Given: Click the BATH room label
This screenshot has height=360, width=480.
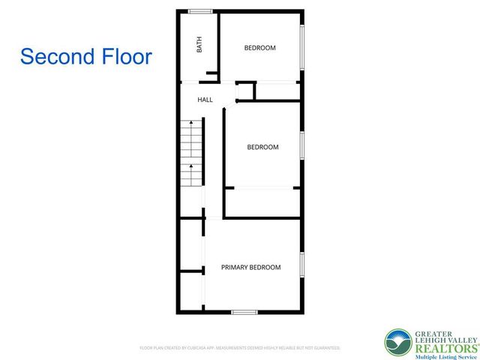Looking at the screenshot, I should pyautogui.click(x=199, y=46).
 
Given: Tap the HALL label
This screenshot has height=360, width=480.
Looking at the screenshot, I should pyautogui.click(x=205, y=100).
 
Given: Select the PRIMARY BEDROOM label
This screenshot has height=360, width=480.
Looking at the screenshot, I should pyautogui.click(x=250, y=267).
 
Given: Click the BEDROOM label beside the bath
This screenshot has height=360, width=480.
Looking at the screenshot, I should pyautogui.click(x=260, y=48).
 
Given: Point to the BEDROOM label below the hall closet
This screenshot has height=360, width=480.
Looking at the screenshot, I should pyautogui.click(x=262, y=147).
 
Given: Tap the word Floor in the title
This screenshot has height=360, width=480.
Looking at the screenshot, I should pyautogui.click(x=127, y=56).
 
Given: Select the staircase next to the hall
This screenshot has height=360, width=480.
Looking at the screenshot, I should pyautogui.click(x=191, y=154).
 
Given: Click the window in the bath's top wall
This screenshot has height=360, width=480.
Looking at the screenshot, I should pyautogui.click(x=199, y=10).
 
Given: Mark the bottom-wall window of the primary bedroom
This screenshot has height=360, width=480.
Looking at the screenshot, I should pyautogui.click(x=244, y=311).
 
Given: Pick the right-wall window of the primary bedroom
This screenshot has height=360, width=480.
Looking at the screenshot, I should pyautogui.click(x=301, y=266).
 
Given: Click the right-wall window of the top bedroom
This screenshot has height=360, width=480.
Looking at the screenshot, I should pyautogui.click(x=301, y=48).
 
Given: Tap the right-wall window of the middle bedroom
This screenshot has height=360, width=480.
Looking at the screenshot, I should pyautogui.click(x=301, y=147).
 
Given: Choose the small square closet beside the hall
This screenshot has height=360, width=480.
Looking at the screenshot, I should pyautogui.click(x=246, y=91).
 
